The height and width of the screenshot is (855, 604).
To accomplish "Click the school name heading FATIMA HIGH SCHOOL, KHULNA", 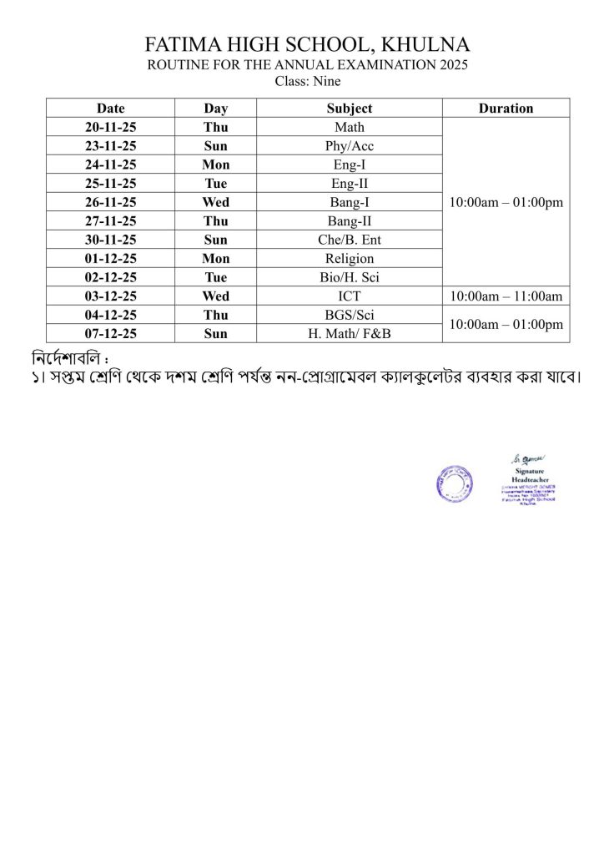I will click(x=307, y=45).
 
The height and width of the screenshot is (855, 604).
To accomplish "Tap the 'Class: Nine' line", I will click(x=307, y=82).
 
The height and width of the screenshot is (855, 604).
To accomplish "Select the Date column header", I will click(x=110, y=109).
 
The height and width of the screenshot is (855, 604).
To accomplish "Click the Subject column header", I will click(x=350, y=109).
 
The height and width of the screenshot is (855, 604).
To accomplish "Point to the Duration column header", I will click(x=506, y=109).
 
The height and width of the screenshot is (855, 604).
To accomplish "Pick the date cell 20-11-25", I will click(x=110, y=128).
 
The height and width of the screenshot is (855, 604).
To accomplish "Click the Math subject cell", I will click(x=350, y=128).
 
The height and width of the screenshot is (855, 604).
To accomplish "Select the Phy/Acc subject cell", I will click(x=350, y=146).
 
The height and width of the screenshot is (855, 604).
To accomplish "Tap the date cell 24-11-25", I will click(x=110, y=164).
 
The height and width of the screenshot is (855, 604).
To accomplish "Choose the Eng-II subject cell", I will click(x=350, y=183).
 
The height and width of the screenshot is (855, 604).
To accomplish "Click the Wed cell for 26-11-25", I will click(x=216, y=202).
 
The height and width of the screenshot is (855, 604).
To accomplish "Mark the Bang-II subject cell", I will click(x=350, y=220).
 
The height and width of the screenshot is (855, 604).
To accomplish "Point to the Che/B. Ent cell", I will click(x=350, y=240).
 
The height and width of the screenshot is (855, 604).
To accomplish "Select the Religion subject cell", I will click(x=350, y=258).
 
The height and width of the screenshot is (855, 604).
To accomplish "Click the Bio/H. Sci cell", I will click(x=350, y=276).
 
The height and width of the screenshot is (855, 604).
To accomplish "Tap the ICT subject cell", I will click(x=350, y=296).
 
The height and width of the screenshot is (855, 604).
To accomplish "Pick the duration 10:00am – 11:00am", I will click(x=506, y=296).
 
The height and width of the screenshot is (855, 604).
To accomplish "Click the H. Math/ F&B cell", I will click(x=350, y=333).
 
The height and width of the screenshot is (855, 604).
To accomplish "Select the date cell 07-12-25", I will click(x=110, y=333).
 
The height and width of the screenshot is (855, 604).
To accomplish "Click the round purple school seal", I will click(x=455, y=483).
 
